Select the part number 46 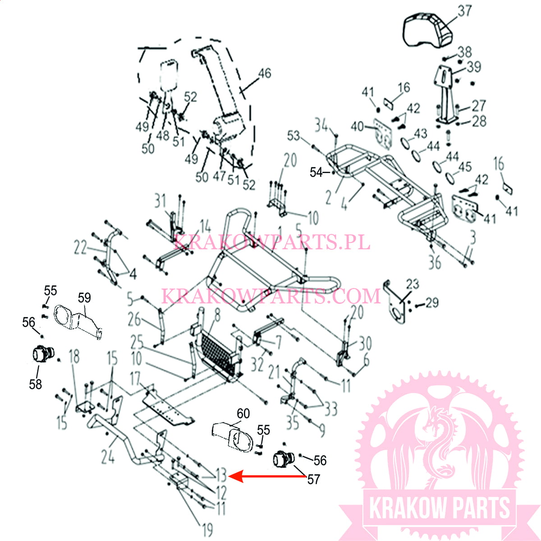[265, 73]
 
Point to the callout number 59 [84, 298]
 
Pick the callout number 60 [243, 413]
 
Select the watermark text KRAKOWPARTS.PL [271, 242]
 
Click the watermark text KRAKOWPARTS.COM [271, 295]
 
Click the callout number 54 [316, 172]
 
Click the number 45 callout [465, 167]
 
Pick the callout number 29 [432, 303]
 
